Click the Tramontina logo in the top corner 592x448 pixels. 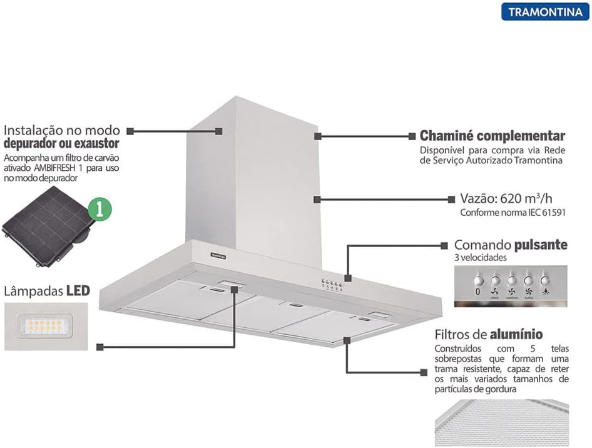click(x=544, y=11)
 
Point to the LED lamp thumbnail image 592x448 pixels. click(x=46, y=325)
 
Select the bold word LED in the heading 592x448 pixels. click(x=78, y=291)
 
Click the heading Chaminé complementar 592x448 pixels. click(x=492, y=136)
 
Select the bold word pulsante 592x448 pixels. click(x=541, y=244)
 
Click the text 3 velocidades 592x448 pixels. click(x=481, y=257)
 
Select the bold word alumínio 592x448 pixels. click(x=516, y=334)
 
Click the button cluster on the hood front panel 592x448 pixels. click(x=333, y=285)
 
